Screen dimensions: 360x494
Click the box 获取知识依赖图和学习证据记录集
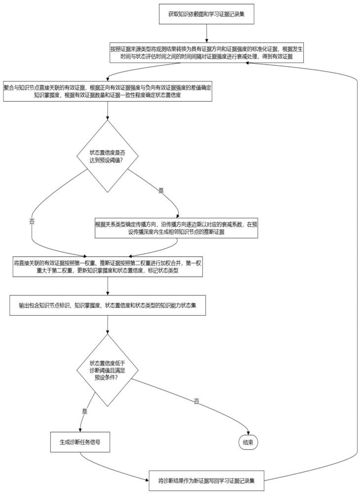tap(206, 14)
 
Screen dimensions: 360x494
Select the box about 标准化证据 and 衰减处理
tap(206, 53)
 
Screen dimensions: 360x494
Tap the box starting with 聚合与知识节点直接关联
tap(107, 91)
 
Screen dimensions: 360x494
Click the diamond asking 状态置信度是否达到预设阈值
tap(107, 156)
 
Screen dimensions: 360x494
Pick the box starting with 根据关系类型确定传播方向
tap(176, 228)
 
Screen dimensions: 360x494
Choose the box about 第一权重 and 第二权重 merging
tap(107, 267)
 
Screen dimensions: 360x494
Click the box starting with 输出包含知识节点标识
tap(107, 305)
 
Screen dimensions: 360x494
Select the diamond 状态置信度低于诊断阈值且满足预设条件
tap(107, 370)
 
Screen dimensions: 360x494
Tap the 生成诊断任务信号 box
tap(80, 442)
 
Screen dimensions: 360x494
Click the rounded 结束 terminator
tap(248, 442)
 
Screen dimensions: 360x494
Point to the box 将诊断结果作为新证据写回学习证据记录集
tap(206, 481)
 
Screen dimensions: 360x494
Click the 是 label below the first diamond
tap(161, 191)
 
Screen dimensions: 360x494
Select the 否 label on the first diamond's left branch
tap(32, 221)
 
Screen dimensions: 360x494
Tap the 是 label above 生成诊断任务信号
tap(84, 412)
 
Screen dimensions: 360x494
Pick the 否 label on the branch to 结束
tap(197, 401)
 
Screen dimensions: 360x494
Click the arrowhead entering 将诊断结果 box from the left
tap(147, 481)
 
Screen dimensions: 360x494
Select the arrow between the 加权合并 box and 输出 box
tap(107, 286)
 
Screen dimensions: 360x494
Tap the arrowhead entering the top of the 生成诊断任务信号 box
tap(80, 430)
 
